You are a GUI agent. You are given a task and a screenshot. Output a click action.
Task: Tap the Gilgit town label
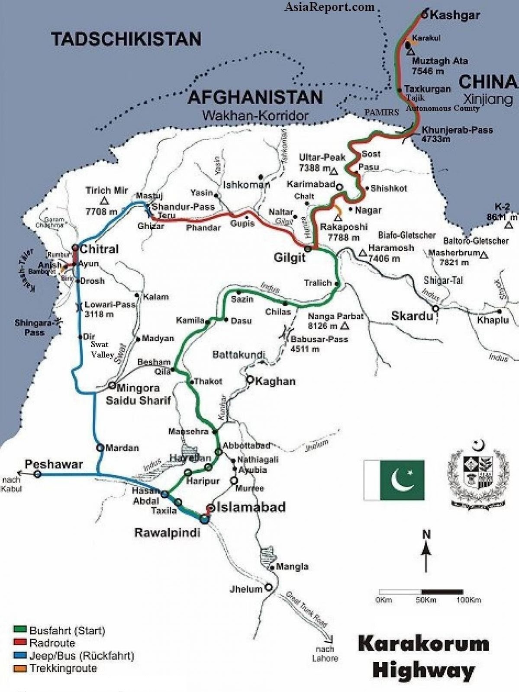(290, 257)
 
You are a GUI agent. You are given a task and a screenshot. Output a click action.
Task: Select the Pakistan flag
(394, 480)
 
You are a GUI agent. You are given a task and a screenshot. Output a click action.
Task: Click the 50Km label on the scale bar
(426, 600)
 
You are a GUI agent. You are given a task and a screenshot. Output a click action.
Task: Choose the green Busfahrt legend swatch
(20, 630)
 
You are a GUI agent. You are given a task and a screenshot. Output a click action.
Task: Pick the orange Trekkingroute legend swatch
(20, 668)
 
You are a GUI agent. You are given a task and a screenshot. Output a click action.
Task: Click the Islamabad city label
(251, 507)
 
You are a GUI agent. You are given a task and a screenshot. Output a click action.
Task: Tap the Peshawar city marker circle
(38, 474)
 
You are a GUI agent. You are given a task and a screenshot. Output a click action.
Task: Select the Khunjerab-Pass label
(457, 130)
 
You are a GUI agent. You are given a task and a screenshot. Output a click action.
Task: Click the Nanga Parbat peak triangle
(345, 326)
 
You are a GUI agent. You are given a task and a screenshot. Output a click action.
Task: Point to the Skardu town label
(412, 316)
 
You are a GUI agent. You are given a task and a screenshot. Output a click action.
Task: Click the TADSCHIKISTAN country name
(126, 39)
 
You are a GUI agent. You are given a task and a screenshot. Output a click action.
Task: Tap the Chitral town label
(99, 249)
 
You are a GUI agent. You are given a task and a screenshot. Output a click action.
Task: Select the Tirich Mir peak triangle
(104, 201)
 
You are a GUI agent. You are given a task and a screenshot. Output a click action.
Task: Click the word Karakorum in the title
(423, 644)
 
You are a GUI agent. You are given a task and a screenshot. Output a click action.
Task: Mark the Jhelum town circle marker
(268, 588)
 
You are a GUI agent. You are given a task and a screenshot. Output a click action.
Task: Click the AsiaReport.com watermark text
(329, 6)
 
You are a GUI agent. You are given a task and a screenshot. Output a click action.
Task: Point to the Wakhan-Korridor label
(255, 116)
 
